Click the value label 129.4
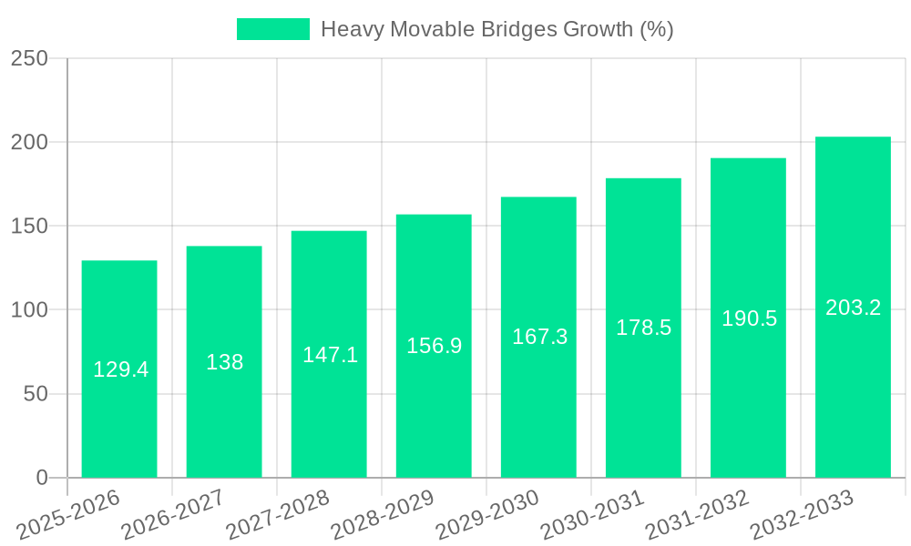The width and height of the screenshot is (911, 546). point(120,369)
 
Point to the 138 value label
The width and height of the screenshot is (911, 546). point(224,362)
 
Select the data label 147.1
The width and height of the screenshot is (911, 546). point(330,355)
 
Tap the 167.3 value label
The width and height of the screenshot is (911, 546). point(539,337)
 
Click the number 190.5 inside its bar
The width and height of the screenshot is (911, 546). point(749,318)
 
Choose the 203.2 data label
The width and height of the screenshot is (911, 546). point(853,308)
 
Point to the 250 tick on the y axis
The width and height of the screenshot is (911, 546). point(29,58)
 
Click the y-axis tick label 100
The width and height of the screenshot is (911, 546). point(29,310)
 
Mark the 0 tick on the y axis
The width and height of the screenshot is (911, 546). point(41,478)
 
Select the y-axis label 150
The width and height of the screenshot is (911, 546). point(29,227)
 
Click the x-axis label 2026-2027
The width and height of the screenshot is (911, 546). point(173,513)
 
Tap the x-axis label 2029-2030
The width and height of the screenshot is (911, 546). point(487,513)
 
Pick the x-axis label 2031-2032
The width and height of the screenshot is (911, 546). point(697,513)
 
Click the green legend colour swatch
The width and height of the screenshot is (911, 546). point(272,29)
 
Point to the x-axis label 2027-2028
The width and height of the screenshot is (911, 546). point(278,513)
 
